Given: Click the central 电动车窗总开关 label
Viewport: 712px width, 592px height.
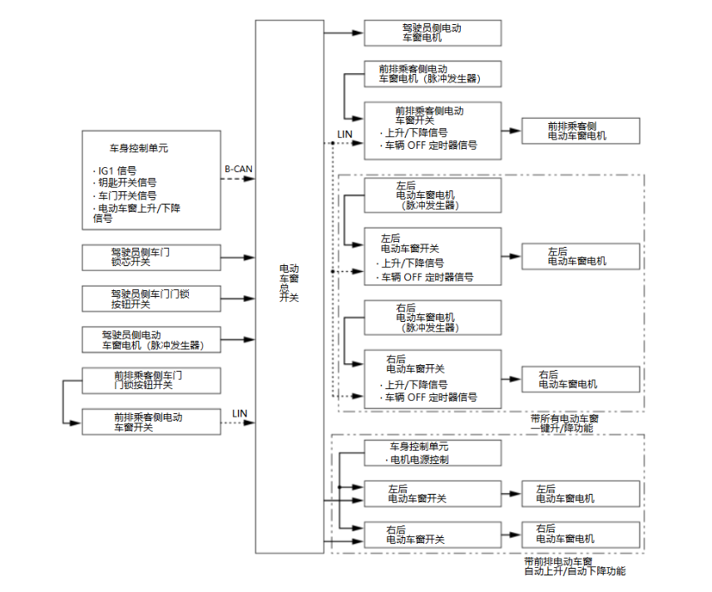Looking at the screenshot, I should coord(289,283).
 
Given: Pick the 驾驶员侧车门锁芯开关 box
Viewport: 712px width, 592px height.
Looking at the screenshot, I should coord(151,256).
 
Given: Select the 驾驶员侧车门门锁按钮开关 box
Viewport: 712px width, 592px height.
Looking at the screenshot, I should coord(151,298).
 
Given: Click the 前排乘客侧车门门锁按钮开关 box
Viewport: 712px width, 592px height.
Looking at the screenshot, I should coord(151,380).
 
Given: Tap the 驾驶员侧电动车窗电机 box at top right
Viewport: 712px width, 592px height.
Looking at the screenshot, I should coord(432,33).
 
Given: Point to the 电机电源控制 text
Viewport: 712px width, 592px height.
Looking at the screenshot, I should coord(420,459).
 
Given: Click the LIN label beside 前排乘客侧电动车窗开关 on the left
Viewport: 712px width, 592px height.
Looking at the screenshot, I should coord(240,413).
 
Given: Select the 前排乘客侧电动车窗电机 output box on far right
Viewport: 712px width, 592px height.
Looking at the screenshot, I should coord(581,131).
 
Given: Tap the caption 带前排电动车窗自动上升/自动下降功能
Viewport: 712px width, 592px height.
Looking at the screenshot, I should coord(574,566).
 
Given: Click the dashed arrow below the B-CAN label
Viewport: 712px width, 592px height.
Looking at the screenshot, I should coord(238,179).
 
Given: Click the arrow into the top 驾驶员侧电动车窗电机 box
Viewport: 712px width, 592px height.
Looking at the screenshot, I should coord(344,33).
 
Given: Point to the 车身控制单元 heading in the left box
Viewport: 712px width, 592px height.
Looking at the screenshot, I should coord(140,149).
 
